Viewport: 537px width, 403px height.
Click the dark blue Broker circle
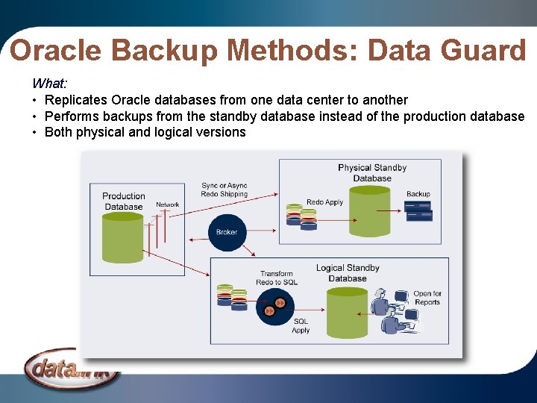click(226, 231)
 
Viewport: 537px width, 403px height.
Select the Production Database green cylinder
click(123, 237)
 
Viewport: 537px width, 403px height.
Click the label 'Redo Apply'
click(324, 202)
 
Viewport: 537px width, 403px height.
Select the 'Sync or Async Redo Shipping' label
click(224, 190)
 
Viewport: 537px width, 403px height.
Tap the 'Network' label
click(167, 204)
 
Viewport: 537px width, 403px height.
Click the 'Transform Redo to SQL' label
click(277, 278)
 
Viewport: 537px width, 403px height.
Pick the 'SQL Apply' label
click(301, 325)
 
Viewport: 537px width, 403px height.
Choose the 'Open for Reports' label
click(427, 298)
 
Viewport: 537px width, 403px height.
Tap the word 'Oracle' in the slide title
click(57, 51)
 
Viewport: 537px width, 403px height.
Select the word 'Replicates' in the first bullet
click(76, 100)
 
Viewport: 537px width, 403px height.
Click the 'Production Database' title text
click(124, 201)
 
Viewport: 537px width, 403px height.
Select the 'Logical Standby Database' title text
click(348, 273)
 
